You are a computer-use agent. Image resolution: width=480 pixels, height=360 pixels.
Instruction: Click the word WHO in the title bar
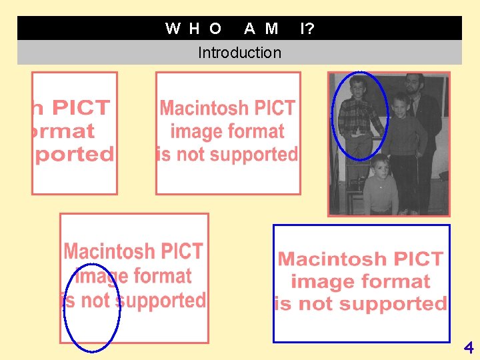(x=193, y=28)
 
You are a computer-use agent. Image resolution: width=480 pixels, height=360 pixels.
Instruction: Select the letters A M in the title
(x=261, y=28)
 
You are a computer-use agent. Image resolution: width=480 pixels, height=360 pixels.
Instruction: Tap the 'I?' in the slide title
(x=307, y=28)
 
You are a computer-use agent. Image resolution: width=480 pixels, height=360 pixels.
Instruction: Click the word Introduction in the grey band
(x=239, y=53)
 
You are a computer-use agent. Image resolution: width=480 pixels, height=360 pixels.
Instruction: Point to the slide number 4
(x=469, y=347)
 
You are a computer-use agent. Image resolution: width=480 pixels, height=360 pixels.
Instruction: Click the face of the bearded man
(x=414, y=85)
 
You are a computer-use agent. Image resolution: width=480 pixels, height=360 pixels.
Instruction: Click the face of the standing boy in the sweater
(x=399, y=105)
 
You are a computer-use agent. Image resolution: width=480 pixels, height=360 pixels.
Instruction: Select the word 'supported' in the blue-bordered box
(x=390, y=304)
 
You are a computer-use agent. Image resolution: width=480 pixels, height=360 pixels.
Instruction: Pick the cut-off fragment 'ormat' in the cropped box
(x=64, y=131)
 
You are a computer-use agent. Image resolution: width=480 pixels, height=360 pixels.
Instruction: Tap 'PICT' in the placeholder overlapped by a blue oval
(x=180, y=251)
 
